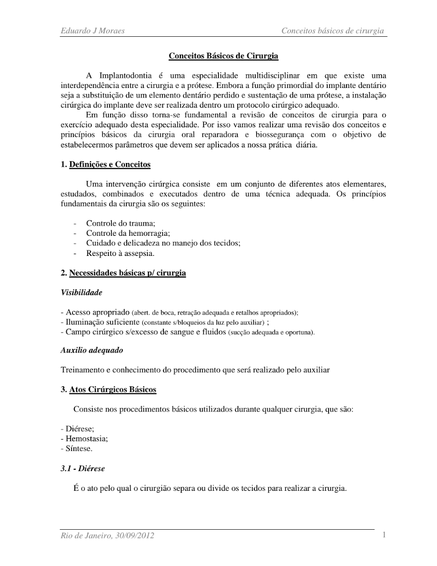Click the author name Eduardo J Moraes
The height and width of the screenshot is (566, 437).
point(93,31)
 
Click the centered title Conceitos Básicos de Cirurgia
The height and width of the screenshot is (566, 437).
point(223,56)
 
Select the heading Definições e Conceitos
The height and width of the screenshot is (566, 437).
point(110,164)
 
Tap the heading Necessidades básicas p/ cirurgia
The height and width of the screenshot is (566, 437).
point(127,273)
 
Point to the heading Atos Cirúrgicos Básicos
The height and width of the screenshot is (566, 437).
point(112,389)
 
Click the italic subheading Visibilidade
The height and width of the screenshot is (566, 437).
point(81,293)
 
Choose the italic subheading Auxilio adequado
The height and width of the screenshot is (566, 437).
point(92,350)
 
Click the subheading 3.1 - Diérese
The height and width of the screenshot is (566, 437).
point(83,468)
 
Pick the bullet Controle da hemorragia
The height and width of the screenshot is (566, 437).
point(128,233)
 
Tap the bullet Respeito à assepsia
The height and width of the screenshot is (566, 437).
point(120,253)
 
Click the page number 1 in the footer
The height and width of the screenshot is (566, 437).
point(384,535)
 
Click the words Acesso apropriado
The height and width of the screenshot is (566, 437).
point(97,312)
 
